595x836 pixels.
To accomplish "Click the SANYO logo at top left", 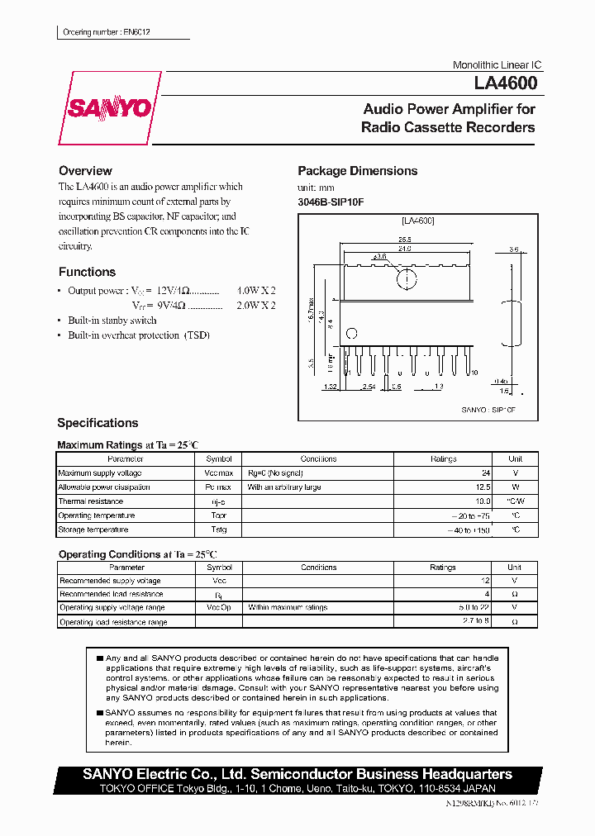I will coord(109,108).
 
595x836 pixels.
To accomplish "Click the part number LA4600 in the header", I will coord(506,83).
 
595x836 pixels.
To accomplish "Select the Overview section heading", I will coord(85,171).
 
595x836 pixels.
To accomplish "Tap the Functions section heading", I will coord(87,272).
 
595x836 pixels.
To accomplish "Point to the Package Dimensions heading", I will coord(357,171).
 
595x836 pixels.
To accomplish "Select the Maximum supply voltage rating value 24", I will coord(485,473).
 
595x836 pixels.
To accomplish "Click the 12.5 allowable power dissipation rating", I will coord(481,487).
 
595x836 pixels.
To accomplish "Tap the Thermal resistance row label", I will coord(90,501).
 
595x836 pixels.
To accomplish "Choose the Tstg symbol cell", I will coord(219,530).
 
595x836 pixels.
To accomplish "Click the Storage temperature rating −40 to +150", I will coord(469,530).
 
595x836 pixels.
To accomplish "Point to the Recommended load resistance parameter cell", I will coord(111,594).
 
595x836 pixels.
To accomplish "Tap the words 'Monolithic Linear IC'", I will coord(497,65).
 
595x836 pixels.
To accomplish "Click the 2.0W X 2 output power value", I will coord(256,305).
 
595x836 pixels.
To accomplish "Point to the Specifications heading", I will coord(98,423).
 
